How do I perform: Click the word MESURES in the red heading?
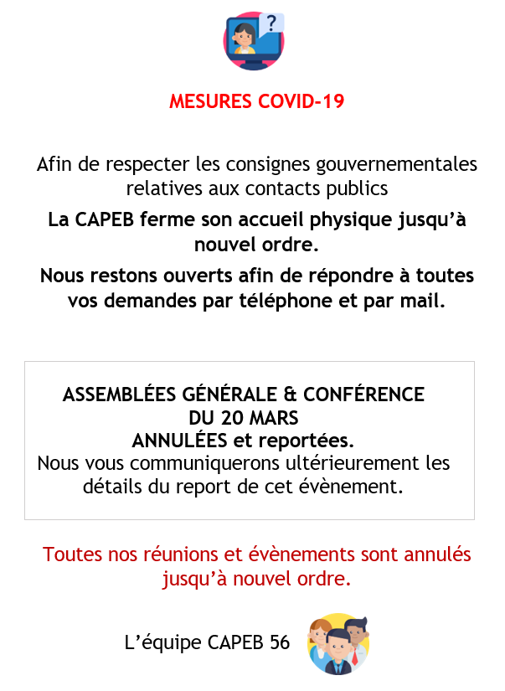(209, 101)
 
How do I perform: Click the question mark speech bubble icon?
(271, 23)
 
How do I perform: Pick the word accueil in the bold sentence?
(267, 221)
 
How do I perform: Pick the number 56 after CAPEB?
(280, 643)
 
